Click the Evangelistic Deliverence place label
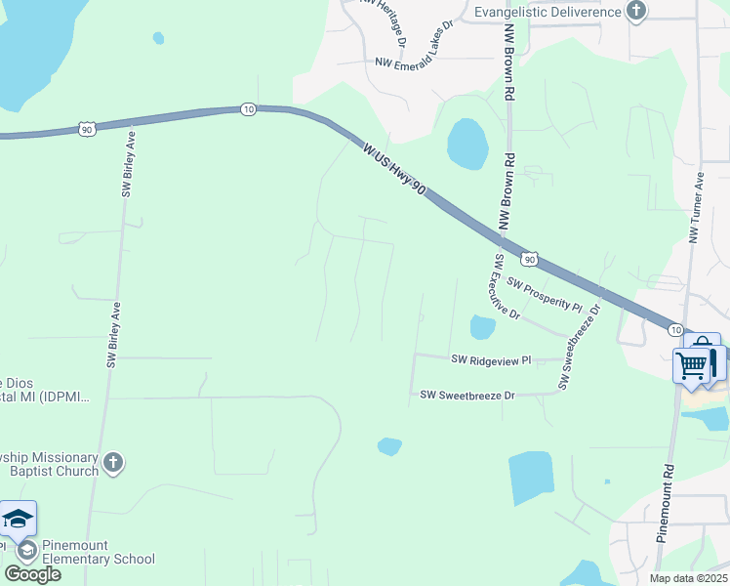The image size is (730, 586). coord(547,12)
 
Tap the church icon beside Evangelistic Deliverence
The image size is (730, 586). coord(637,12)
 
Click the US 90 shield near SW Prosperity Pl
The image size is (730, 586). coord(528,259)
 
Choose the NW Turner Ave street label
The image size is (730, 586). coord(697,209)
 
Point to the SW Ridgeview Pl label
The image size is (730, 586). coord(491,359)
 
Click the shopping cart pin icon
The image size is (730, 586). coord(692,367)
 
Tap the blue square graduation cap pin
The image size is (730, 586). coord(18,520)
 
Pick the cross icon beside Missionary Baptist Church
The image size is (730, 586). coord(113,462)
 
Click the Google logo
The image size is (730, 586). coord(32,574)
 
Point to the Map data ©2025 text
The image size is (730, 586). coord(688,578)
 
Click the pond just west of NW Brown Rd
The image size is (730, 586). coord(467,145)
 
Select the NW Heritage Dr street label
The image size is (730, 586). coord(383,16)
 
